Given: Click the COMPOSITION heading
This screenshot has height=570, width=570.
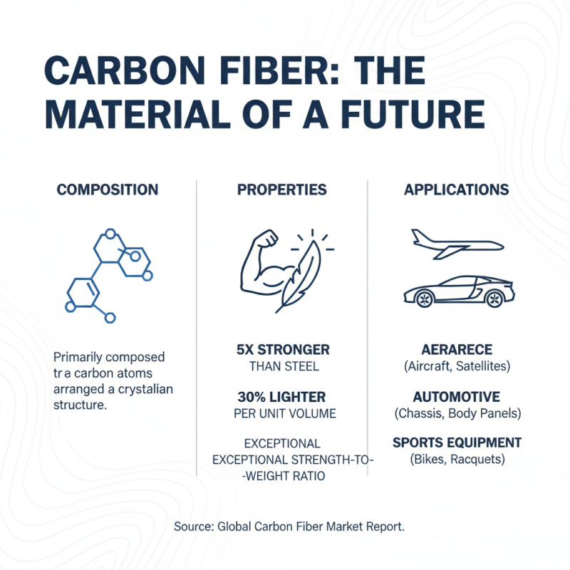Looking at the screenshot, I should [x=108, y=190].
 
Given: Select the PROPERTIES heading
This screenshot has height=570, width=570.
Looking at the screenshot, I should [x=281, y=190].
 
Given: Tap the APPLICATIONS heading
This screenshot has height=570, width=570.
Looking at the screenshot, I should [x=456, y=190].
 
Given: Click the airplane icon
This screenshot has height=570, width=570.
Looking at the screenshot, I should [x=456, y=244].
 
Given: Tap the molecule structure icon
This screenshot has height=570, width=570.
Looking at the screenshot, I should [x=107, y=274].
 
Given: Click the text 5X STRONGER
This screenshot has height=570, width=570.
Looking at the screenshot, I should [x=283, y=350].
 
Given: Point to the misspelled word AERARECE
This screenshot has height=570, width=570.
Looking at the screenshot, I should [x=456, y=350].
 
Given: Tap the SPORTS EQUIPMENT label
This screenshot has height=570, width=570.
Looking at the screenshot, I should [x=457, y=442].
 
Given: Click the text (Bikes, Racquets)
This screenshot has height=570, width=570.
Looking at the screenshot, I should [x=457, y=460].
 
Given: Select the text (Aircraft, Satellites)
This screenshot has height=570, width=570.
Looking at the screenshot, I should [x=456, y=366].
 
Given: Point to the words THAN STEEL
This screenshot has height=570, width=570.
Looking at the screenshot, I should [x=284, y=367].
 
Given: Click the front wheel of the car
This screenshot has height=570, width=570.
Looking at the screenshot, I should [x=425, y=299].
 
